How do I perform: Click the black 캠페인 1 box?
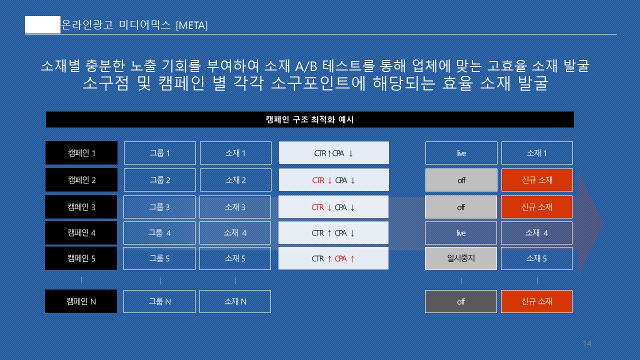81,153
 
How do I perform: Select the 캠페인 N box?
81,301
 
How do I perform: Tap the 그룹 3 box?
159,207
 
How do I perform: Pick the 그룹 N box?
159,301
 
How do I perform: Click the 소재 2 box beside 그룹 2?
235,180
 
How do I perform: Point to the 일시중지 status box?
461,258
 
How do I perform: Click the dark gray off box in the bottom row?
461,301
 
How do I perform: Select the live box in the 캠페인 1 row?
461,153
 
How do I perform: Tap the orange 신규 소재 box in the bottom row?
536,301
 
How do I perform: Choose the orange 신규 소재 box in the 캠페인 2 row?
537,180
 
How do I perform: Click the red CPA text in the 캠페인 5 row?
340,259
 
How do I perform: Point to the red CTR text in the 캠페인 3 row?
317,207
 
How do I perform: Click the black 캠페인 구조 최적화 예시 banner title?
309,119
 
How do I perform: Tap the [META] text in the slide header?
191,25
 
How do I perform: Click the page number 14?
587,343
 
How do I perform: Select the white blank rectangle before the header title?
43,25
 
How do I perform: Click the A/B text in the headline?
306,66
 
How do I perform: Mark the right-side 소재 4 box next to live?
536,233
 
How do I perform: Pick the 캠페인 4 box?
81,233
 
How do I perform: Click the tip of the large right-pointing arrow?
603,224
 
